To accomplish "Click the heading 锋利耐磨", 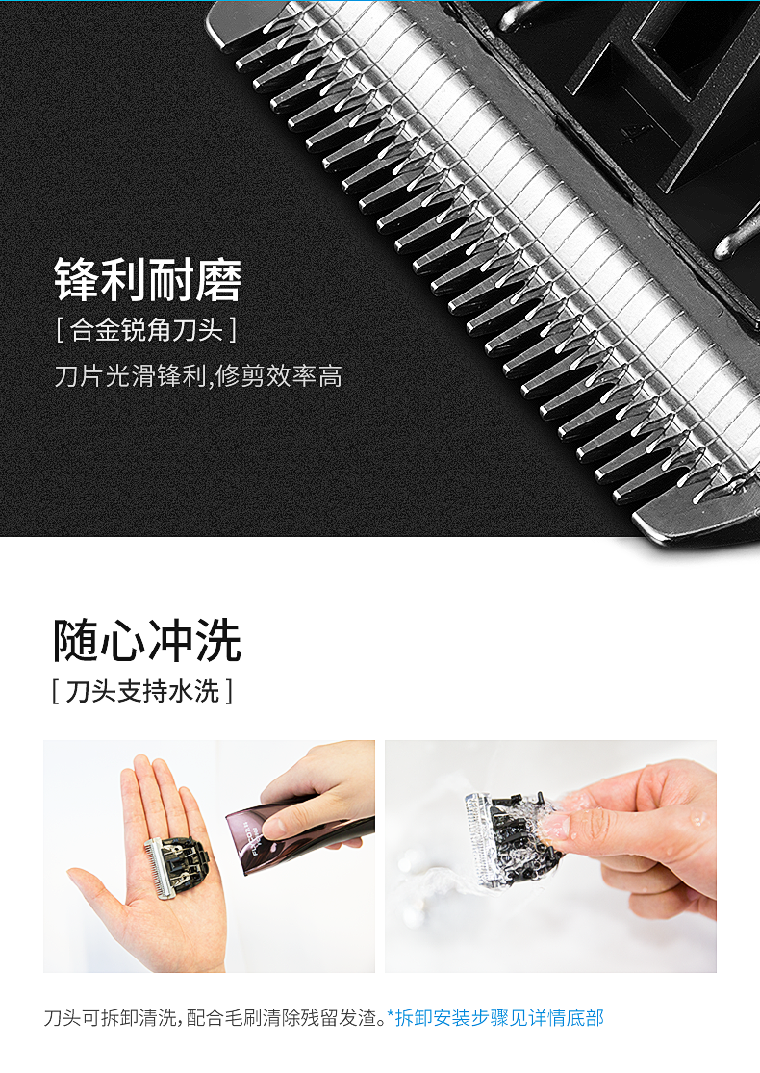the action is coord(148,280).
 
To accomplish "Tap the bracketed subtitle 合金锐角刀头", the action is coord(147,330).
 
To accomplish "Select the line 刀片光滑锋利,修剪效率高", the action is coord(198,375).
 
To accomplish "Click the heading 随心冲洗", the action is coord(147,641).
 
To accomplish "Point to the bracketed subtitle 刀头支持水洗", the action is coord(142,691).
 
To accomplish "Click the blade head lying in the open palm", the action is coord(176,866).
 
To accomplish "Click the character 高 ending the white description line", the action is coord(330,375).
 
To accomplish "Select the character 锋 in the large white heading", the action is coord(77,280).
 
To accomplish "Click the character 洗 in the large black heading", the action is coord(219,641).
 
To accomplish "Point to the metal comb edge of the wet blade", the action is coord(479,838).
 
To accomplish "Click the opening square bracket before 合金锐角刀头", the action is coord(61,330).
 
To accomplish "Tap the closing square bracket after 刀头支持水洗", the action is coord(228,691).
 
